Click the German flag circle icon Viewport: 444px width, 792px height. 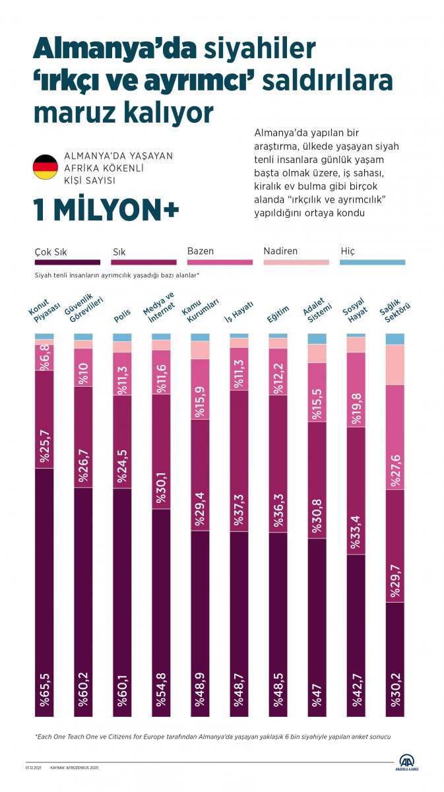(46, 168)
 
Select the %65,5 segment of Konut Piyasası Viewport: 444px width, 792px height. (44, 592)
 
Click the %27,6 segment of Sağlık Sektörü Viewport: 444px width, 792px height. (395, 437)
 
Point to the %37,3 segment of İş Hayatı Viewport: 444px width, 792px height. (239, 461)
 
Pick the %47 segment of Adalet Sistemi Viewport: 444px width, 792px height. (317, 627)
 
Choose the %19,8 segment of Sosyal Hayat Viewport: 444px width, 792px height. (356, 389)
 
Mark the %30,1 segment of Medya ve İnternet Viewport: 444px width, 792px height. (161, 451)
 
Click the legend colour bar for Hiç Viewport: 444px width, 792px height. (372, 262)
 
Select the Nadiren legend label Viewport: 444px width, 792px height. (280, 251)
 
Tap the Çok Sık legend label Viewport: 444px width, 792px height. (51, 251)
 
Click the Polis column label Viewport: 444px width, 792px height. (122, 315)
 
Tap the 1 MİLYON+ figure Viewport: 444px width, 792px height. (106, 210)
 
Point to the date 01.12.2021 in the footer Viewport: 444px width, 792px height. (34, 768)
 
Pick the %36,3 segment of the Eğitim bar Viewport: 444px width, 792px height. (278, 463)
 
